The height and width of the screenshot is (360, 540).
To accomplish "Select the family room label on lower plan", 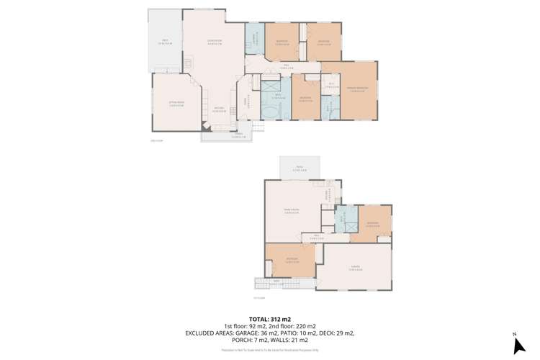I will pyautogui.click(x=292, y=211).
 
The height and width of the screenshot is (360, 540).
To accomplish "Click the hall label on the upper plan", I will pyautogui.click(x=286, y=66).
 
